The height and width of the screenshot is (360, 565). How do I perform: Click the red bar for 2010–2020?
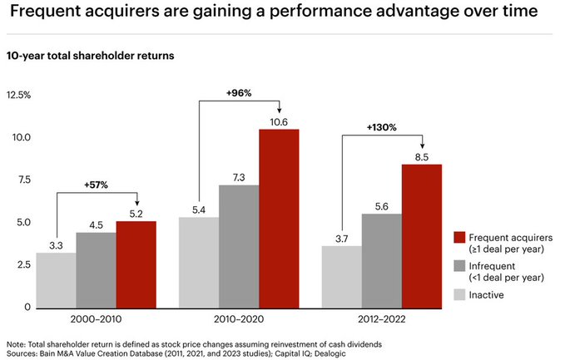tap(279, 218)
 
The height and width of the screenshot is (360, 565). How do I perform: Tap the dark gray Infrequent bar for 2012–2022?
tap(382, 260)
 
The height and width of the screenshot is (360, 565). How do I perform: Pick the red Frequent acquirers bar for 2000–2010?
tap(136, 264)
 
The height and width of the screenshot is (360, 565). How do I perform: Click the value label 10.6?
tap(279, 121)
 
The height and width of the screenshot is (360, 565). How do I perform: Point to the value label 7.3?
tap(239, 177)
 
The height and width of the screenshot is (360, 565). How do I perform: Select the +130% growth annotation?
tap(381, 128)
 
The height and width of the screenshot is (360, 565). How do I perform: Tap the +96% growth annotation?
tap(239, 92)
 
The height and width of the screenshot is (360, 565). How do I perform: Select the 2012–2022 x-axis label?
tap(382, 319)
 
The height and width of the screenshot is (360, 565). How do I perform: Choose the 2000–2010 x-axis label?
tap(97, 319)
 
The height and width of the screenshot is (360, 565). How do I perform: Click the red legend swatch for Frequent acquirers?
tap(459, 238)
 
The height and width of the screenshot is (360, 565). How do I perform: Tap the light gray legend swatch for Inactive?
tap(459, 294)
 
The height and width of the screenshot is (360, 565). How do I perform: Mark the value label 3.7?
tap(342, 239)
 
